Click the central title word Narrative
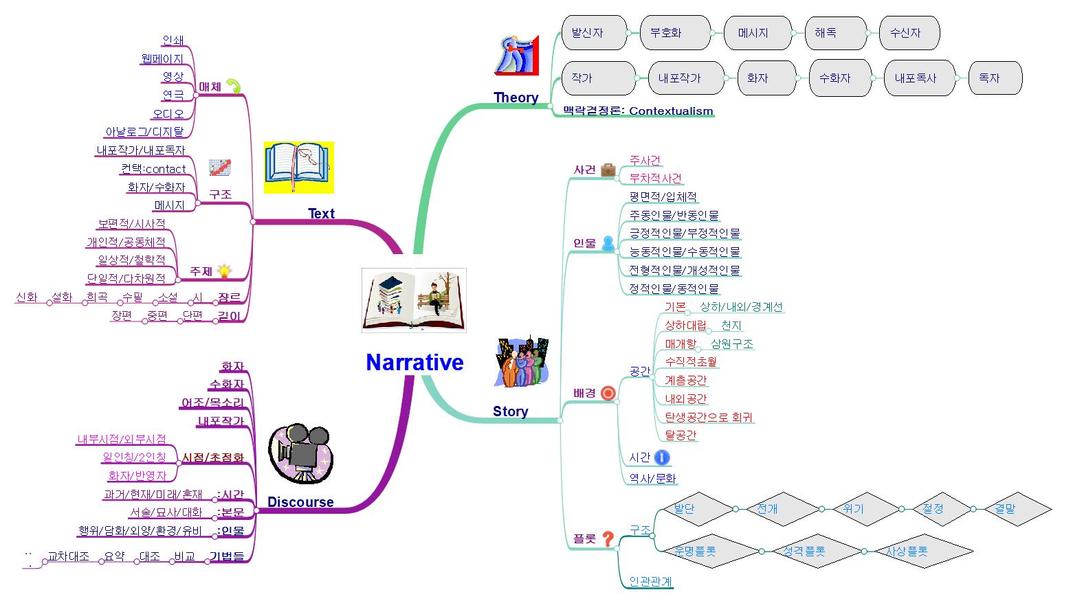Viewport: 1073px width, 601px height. [x=414, y=363]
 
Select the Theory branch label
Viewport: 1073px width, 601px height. [x=516, y=98]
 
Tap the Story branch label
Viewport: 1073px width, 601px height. [x=510, y=411]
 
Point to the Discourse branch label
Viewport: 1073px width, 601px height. [x=300, y=502]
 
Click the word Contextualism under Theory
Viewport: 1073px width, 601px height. [x=671, y=111]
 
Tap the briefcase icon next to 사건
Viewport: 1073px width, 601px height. [x=608, y=170]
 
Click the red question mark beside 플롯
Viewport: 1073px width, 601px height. [x=608, y=539]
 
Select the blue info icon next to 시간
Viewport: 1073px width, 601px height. [x=661, y=457]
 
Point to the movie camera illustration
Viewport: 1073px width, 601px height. [x=300, y=452]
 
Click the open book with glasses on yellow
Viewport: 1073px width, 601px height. [x=298, y=167]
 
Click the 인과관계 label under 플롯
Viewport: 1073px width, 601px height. [x=650, y=582]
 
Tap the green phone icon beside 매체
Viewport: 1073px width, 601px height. [x=234, y=87]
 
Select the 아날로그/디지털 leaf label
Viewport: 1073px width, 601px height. [x=144, y=132]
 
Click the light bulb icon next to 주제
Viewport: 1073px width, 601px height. [x=223, y=271]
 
